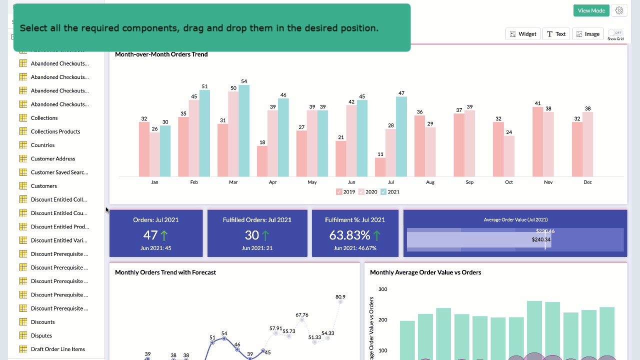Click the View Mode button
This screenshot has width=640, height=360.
591,10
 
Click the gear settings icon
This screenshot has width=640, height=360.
619,10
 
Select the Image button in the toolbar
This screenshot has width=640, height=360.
587,34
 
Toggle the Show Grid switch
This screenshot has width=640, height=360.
615,32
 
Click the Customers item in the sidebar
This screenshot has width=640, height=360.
44,186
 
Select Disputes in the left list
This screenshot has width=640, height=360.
41,335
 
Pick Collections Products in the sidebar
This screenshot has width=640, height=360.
55,131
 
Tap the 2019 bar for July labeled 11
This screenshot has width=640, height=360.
380,167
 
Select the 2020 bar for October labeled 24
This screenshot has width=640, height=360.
509,156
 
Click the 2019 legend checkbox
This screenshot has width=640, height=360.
339,192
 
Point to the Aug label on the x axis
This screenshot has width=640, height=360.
430,182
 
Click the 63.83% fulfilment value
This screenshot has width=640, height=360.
349,235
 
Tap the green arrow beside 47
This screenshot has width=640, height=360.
164,235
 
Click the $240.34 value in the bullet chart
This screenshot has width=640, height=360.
541,240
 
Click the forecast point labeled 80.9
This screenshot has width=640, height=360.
340,301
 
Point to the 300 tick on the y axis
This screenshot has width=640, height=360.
382,289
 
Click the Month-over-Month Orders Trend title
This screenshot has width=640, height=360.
161,54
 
